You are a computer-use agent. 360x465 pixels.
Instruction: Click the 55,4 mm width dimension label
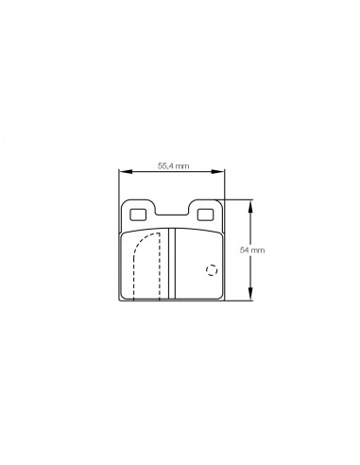pos(174,166)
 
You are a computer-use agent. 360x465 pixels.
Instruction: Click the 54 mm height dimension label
pos(252,250)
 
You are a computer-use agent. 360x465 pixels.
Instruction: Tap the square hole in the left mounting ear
pos(138,215)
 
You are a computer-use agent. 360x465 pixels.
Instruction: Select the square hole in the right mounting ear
pos(205,215)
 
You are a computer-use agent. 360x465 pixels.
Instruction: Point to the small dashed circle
pos(212,270)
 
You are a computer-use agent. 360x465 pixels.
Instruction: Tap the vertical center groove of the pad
pos(172,264)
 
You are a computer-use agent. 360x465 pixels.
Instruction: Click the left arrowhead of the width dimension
pos(125,171)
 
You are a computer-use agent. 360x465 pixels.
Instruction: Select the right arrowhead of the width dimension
pos(218,171)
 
